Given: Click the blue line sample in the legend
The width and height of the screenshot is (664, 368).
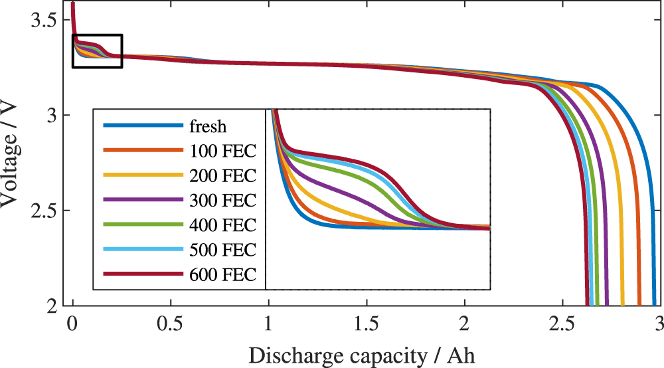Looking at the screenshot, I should [142, 126].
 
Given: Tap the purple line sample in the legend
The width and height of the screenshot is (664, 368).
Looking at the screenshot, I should [142, 200].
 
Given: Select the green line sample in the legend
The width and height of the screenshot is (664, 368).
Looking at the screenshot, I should [142, 225].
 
